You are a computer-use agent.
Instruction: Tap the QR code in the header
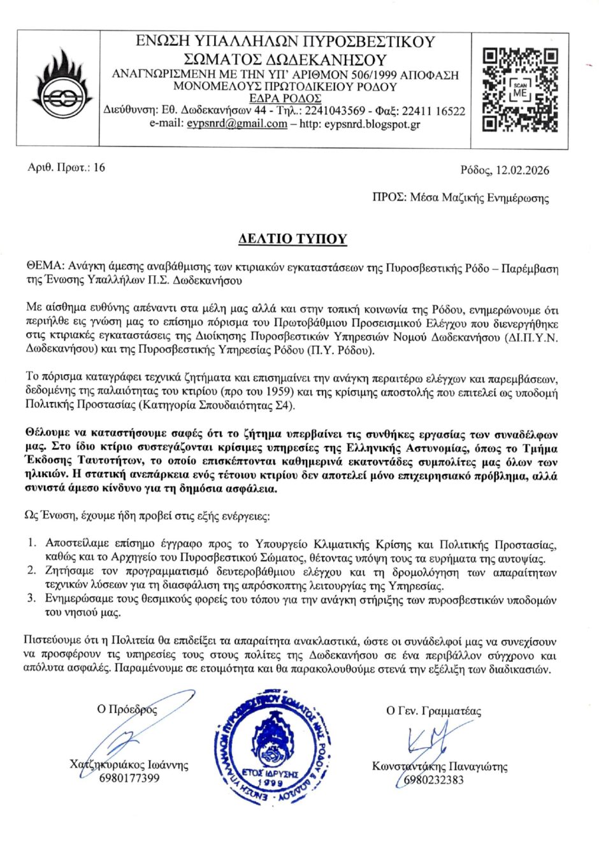tap(520, 90)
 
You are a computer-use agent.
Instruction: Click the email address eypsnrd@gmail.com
tap(236, 124)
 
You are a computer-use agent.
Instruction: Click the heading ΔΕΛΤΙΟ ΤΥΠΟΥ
tap(292, 239)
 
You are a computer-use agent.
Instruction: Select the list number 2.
tap(31, 571)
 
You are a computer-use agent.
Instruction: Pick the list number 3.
tap(31, 599)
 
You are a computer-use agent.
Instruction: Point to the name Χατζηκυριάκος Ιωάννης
tap(129, 765)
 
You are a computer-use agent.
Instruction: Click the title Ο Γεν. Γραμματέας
tap(433, 711)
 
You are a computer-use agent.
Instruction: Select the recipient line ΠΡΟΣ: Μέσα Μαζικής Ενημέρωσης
tap(460, 197)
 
